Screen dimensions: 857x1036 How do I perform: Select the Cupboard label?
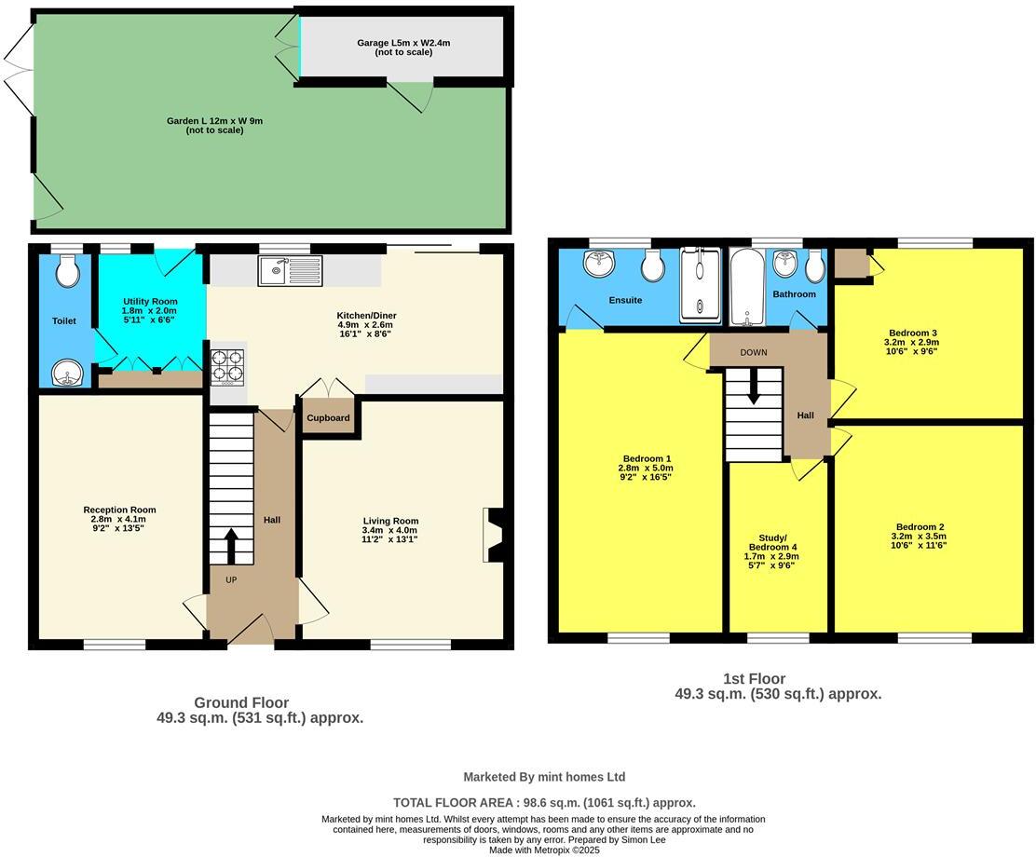pos(328,418)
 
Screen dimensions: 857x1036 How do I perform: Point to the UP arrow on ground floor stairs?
pos(230,546)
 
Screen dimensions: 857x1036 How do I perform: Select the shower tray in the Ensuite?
pos(700,285)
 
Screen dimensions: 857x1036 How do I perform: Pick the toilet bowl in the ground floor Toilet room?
pos(66,271)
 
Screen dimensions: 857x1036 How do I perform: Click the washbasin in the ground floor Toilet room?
pos(66,374)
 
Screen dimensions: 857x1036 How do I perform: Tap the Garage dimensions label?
pos(402,48)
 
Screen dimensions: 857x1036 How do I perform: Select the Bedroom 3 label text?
pos(912,333)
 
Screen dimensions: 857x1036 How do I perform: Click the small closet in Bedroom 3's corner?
pos(850,264)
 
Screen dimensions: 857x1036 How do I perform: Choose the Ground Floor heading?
pos(241,702)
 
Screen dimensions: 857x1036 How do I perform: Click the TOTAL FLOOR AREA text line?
pos(544,802)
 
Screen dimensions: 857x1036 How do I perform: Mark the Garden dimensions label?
pos(214,125)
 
